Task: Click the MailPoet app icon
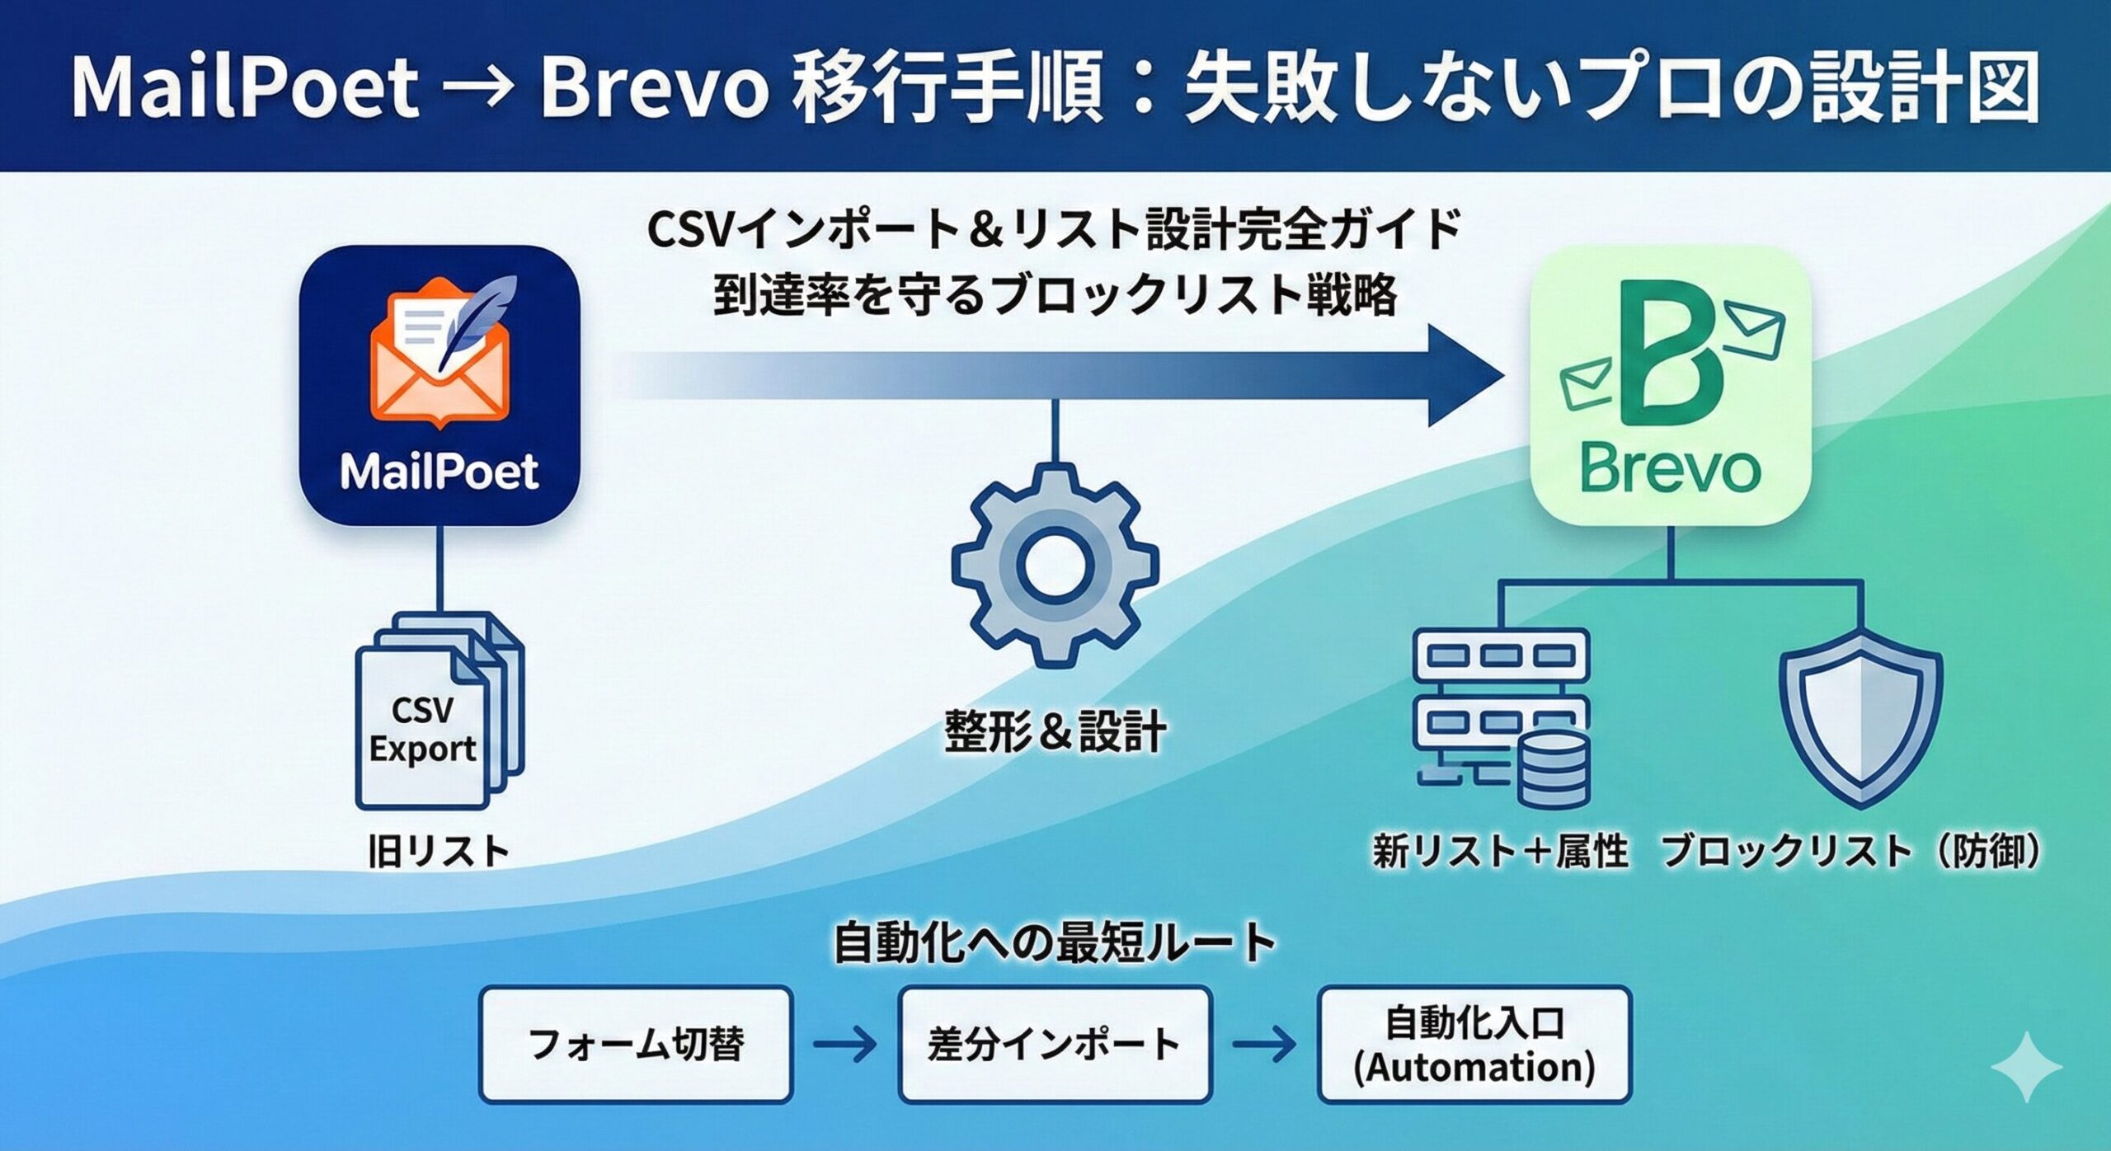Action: [x=439, y=384]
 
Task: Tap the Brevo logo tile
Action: [x=1670, y=384]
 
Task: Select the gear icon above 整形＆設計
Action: [x=1055, y=565]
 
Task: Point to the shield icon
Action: [x=1861, y=726]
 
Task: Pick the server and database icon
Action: [x=1501, y=717]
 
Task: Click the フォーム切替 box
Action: [x=635, y=1044]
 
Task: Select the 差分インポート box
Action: [x=1055, y=1044]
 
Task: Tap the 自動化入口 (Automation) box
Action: [x=1474, y=1044]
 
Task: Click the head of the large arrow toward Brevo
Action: [x=1464, y=376]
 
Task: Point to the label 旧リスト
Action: [x=439, y=851]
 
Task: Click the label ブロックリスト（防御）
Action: [x=1851, y=851]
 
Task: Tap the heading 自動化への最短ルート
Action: [x=1055, y=944]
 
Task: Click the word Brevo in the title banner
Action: [x=653, y=87]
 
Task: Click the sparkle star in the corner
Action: [x=2026, y=1067]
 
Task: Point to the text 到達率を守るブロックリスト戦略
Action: [x=1055, y=295]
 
